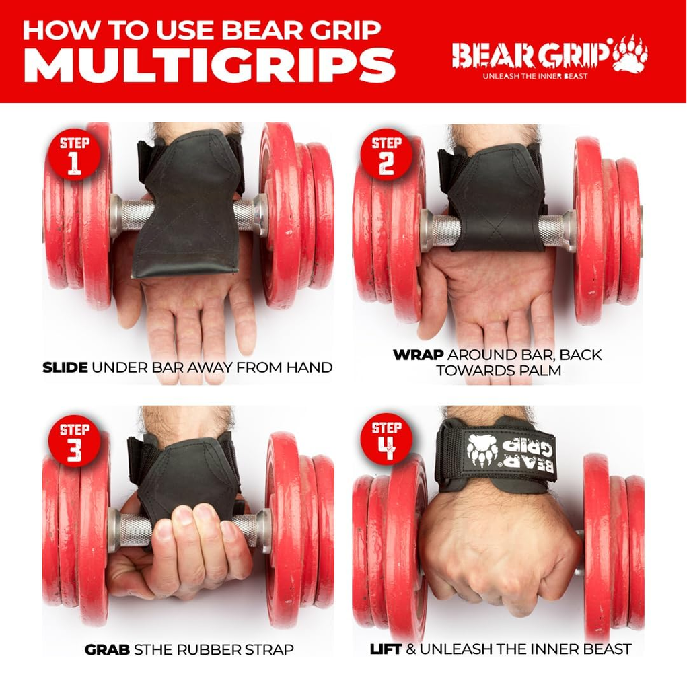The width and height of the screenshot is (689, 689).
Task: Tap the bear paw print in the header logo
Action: coord(630,54)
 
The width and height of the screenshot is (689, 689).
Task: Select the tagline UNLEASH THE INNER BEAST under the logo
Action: coord(535,76)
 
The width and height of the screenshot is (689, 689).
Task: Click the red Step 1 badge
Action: coord(74,155)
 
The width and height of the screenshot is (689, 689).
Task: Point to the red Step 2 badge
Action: coord(386,155)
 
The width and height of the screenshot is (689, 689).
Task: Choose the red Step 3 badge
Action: coord(74,441)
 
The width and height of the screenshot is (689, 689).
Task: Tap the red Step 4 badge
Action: coord(386,439)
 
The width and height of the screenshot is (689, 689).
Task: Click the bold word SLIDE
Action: coord(65,367)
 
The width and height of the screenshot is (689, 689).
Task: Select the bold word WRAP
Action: coord(418,355)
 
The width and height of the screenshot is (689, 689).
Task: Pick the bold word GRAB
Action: coord(107,649)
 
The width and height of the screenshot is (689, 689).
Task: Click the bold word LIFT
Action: coord(386,649)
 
